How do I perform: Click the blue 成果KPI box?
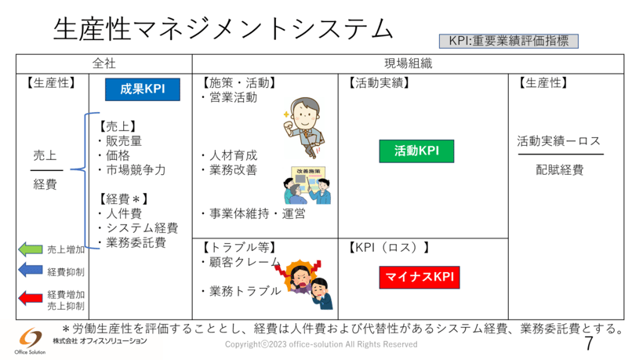coord(143,89)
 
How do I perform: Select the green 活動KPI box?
coord(416,151)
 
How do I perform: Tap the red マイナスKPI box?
coord(420,278)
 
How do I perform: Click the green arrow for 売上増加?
coord(30,249)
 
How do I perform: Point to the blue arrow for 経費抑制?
coord(30,271)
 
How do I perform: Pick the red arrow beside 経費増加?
coord(30,297)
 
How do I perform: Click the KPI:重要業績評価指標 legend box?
coord(509,41)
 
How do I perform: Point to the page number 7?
coord(589,344)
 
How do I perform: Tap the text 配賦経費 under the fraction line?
coord(559,169)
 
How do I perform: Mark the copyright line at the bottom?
coord(321,345)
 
